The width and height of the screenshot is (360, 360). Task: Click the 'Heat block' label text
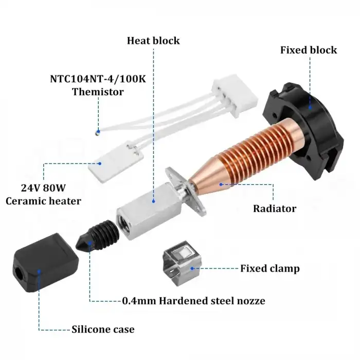(153, 40)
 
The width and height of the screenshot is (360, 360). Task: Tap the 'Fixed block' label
(309, 50)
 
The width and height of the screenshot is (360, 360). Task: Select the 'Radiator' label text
(275, 208)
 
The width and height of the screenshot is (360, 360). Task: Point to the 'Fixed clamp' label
(270, 268)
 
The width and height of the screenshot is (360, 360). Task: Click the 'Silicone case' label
(103, 329)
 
